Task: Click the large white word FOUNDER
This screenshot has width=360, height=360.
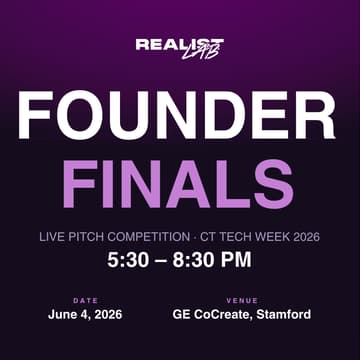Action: [x=180, y=118]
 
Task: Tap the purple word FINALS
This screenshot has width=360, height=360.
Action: [x=180, y=185]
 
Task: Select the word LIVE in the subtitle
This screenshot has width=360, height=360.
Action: [x=52, y=239]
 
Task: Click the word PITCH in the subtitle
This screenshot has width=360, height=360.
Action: [x=89, y=239]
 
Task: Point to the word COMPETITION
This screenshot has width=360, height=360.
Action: [x=153, y=239]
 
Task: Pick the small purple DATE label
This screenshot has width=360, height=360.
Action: [x=85, y=300]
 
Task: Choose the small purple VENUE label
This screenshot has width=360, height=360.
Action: [x=242, y=300]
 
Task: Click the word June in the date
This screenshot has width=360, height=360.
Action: [x=63, y=315]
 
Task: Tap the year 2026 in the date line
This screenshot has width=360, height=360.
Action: [x=106, y=315]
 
